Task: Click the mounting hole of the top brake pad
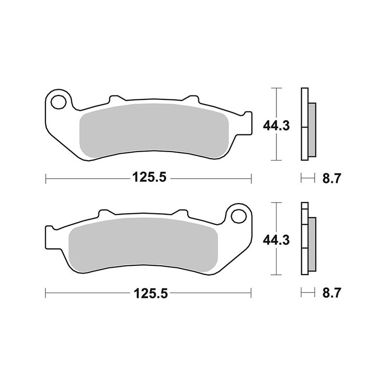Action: tap(59, 102)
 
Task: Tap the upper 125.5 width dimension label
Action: tap(148, 179)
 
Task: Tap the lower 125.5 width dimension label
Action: tap(148, 292)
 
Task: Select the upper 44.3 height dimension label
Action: tap(276, 126)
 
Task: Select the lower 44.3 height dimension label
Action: tap(276, 239)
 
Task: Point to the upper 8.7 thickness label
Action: tap(331, 179)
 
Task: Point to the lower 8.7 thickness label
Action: tap(331, 292)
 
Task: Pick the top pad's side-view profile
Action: tap(308, 124)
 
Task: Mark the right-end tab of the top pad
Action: tap(247, 122)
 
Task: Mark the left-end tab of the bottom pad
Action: tap(51, 236)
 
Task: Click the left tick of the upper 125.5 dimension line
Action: tap(45, 179)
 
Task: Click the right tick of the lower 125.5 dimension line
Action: tap(251, 292)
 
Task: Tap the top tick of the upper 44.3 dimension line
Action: tap(276, 89)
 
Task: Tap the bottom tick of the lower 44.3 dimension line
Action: tap(276, 274)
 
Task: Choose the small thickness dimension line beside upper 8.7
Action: tap(306, 179)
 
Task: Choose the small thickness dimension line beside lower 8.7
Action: tap(306, 292)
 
